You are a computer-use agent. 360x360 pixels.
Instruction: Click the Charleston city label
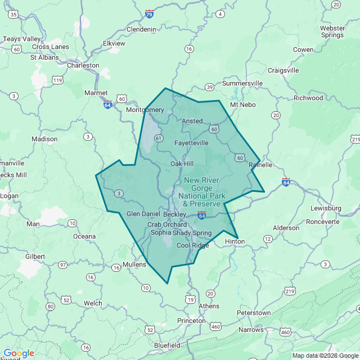pyautogui.click(x=83, y=65)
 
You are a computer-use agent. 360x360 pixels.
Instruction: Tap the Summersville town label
pyautogui.click(x=242, y=83)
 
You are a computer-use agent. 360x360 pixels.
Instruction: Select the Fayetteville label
pyautogui.click(x=192, y=143)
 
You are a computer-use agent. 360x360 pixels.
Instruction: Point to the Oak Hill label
pyautogui.click(x=182, y=164)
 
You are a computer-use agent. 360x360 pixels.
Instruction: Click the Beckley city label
pyautogui.click(x=174, y=214)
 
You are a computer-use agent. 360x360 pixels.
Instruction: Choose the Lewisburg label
pyautogui.click(x=326, y=208)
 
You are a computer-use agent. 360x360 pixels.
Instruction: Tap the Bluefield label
pyautogui.click(x=167, y=345)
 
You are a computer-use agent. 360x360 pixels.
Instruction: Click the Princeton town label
pyautogui.click(x=191, y=320)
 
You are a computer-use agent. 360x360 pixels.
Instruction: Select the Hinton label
pyautogui.click(x=235, y=241)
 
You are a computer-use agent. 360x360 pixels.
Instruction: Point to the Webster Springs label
pyautogui.click(x=332, y=31)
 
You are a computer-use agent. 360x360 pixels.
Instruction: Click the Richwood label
pyautogui.click(x=308, y=98)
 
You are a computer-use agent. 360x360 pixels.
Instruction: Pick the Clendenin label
pyautogui.click(x=141, y=29)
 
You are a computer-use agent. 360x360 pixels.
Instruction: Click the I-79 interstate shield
pyautogui.click(x=149, y=13)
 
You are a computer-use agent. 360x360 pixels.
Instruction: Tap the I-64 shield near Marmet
pyautogui.click(x=107, y=105)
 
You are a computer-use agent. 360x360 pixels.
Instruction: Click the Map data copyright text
pyautogui.click(x=325, y=355)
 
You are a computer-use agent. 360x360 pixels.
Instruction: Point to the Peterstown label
pyautogui.click(x=254, y=313)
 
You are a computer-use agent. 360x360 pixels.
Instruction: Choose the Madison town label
pyautogui.click(x=44, y=139)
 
